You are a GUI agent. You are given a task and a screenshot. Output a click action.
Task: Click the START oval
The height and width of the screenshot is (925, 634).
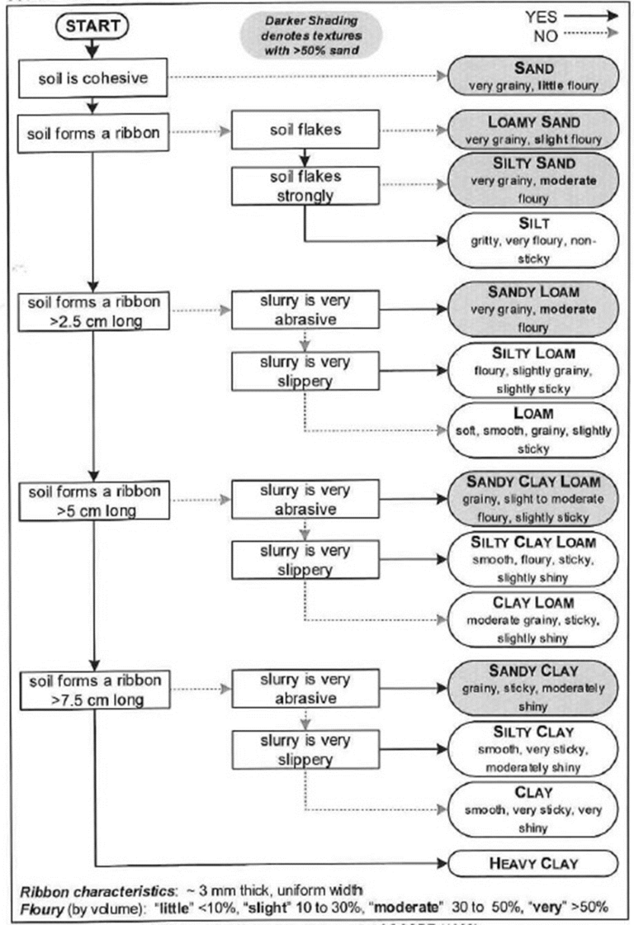pyautogui.click(x=92, y=25)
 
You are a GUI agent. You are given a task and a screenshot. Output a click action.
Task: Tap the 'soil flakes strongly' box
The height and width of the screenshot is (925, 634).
pyautogui.click(x=305, y=186)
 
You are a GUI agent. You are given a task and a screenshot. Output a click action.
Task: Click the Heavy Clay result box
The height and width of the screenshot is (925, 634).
pyautogui.click(x=532, y=864)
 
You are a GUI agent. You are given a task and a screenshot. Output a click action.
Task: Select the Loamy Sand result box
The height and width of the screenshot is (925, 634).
pyautogui.click(x=532, y=130)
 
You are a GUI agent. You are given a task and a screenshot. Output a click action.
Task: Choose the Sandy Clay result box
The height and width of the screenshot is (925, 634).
pyautogui.click(x=532, y=686)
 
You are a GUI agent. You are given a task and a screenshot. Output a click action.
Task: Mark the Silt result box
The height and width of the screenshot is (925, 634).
pyautogui.click(x=532, y=240)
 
